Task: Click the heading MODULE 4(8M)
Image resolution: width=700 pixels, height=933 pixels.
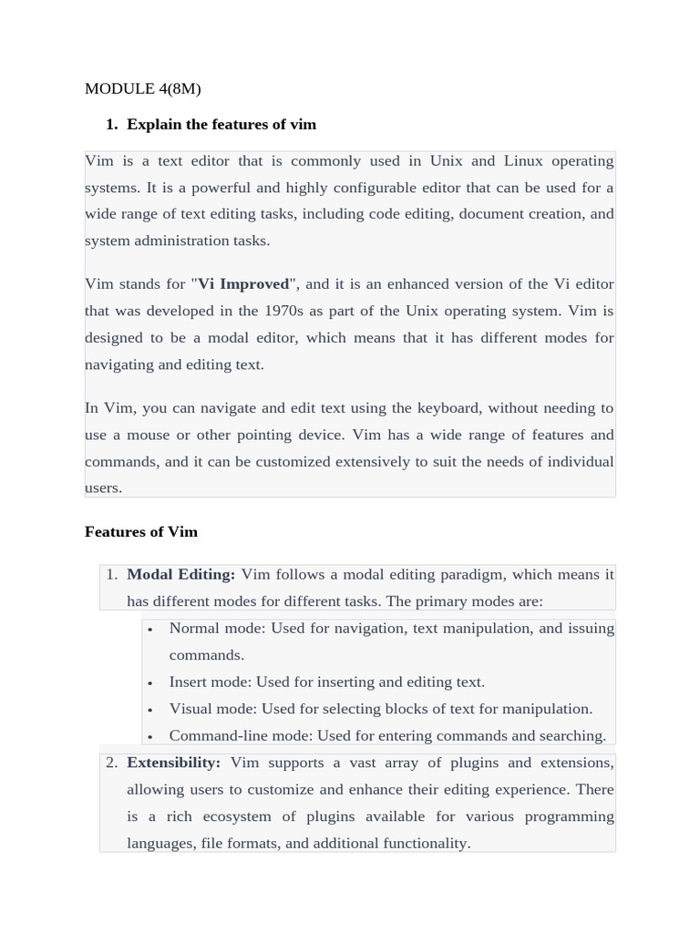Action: [142, 88]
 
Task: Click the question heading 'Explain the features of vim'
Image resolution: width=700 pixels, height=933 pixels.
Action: [221, 124]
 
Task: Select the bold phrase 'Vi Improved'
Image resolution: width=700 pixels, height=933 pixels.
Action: [243, 283]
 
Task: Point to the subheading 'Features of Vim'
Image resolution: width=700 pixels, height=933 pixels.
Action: [141, 532]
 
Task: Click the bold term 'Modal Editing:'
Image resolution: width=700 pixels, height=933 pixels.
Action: [180, 575]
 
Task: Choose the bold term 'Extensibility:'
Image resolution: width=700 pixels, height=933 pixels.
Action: [173, 763]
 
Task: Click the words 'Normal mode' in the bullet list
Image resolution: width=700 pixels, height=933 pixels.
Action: [210, 629]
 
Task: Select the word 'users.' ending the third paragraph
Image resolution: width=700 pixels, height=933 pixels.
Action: [103, 488]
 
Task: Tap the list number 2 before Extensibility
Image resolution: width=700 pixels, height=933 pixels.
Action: [111, 763]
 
